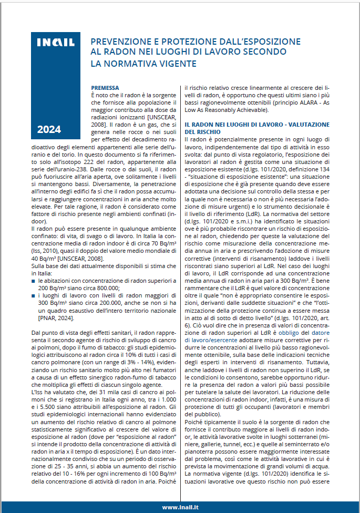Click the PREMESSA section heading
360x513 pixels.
pos(105,87)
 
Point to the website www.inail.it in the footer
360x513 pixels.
pos(180,507)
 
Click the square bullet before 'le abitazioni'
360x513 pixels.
pos(34,282)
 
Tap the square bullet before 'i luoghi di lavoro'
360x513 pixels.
pos(34,297)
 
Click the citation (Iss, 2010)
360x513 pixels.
pos(45,252)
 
